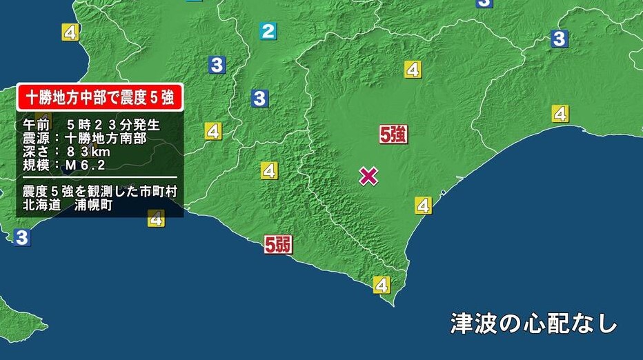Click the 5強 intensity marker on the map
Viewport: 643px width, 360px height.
coord(393,134)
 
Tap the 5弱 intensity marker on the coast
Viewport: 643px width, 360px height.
coord(278,245)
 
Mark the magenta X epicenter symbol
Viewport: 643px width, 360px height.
coord(369,177)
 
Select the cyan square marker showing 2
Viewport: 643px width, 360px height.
coord(268,30)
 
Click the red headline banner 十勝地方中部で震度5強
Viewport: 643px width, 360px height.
coord(100,98)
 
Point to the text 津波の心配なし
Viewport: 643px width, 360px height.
coord(533,323)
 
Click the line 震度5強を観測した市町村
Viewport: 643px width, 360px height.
coord(100,191)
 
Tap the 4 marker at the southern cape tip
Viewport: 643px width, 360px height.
coord(382,283)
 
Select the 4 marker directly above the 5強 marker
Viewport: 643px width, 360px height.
coord(413,69)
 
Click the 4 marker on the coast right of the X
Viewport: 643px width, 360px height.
coord(423,205)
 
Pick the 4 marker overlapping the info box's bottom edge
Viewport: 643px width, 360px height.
coord(157,219)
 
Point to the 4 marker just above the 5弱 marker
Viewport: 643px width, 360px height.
coord(268,170)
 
